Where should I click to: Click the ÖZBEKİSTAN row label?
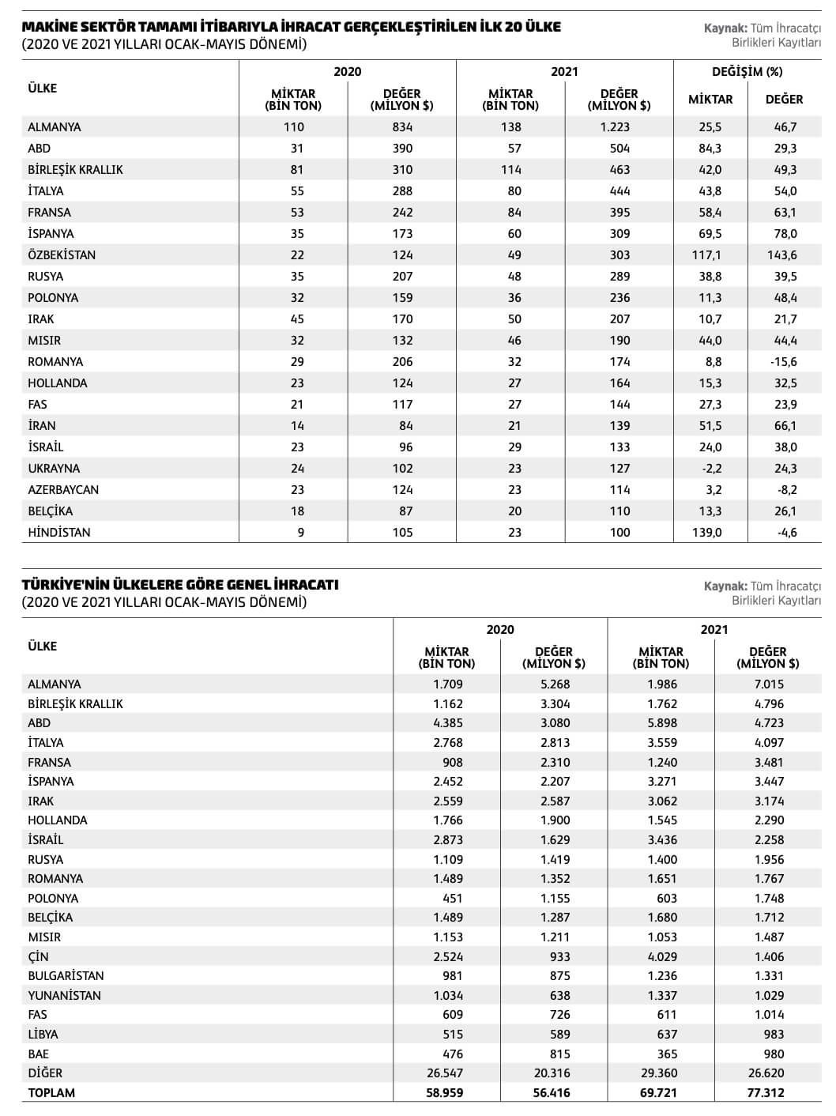(62, 255)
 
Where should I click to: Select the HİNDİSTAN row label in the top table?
(59, 533)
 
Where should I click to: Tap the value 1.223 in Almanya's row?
(619, 127)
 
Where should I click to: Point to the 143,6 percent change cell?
(781, 255)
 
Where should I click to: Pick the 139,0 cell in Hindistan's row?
(706, 533)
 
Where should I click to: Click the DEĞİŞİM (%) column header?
(747, 72)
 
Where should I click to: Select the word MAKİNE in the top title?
(47, 28)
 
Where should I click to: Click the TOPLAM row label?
(51, 1093)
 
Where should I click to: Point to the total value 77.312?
(768, 1093)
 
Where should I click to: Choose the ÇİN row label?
(38, 957)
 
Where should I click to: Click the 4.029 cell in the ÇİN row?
(661, 957)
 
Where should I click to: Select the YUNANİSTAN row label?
(65, 996)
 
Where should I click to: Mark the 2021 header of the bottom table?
(714, 630)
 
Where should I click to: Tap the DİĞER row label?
(45, 1073)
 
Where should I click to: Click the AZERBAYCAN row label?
(63, 490)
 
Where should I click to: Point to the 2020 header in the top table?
(347, 72)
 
